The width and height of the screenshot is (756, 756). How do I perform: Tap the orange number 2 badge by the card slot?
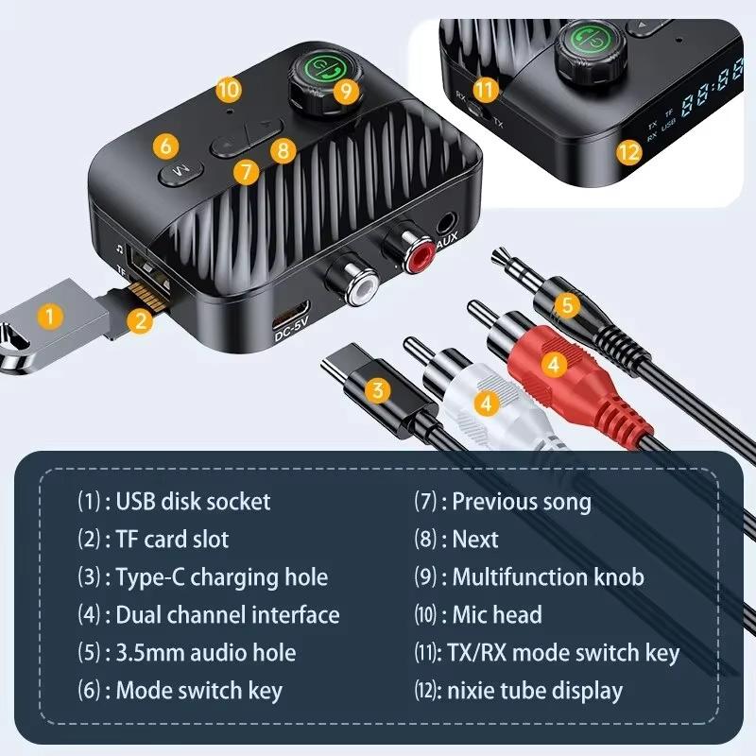[140, 319]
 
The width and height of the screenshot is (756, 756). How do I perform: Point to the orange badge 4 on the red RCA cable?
[554, 360]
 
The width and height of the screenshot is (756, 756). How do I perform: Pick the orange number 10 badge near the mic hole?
[229, 90]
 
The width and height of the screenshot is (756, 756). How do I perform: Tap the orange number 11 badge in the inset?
[486, 91]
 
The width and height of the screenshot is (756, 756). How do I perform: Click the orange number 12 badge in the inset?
[628, 150]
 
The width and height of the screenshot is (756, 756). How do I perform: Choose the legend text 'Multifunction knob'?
[547, 576]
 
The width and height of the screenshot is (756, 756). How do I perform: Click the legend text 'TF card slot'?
[172, 539]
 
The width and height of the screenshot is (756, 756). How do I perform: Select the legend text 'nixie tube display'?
[537, 691]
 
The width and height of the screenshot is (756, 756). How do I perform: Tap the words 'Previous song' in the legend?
[521, 501]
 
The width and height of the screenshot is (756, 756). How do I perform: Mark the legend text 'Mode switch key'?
[198, 691]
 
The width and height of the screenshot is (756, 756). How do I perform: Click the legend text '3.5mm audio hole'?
[205, 653]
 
